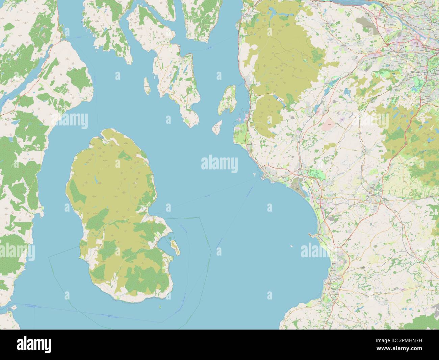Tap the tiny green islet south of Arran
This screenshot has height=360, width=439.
click(x=159, y=307)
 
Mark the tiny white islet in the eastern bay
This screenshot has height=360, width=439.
click(x=291, y=246)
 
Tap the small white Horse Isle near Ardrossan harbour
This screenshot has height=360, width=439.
click(x=254, y=174)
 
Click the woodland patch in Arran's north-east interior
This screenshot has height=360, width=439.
click(x=125, y=155)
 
